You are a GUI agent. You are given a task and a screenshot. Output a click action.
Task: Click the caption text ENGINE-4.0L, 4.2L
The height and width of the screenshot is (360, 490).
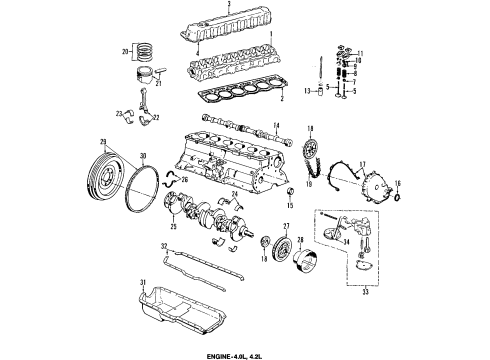[x=244, y=353]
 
